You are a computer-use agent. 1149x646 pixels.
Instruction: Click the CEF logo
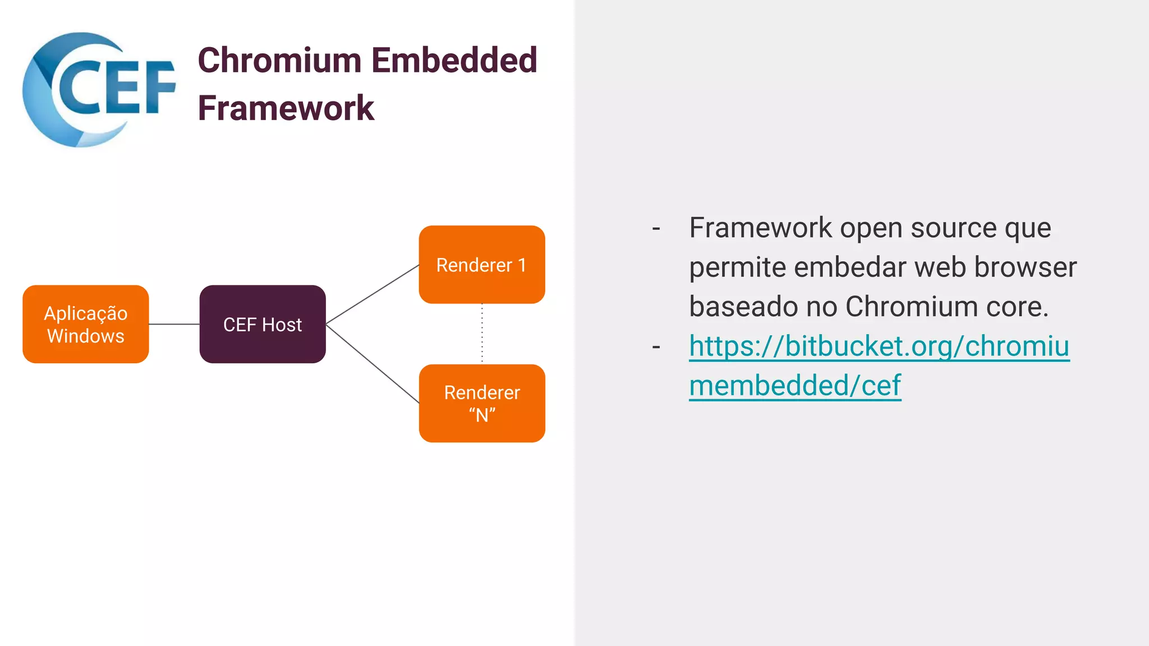coord(98,90)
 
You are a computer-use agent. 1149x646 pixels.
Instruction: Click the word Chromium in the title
coord(279,60)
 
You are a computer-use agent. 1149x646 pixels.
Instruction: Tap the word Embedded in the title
coord(454,60)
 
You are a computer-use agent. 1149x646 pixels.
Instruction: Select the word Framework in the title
coord(286,108)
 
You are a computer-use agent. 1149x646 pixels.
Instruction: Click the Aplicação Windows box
coord(86,324)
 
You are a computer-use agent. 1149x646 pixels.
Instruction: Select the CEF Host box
coord(263,324)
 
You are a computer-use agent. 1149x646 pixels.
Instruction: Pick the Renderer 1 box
coord(482,265)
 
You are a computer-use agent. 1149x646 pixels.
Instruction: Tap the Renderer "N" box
coord(482,403)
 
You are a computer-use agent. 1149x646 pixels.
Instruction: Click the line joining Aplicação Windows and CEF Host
coord(174,324)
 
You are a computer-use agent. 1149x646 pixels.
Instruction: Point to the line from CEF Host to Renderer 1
coord(373,294)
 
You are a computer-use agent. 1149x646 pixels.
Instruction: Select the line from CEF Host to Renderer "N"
coord(373,363)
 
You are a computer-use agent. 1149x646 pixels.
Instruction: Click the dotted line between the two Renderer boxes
coord(482,334)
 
